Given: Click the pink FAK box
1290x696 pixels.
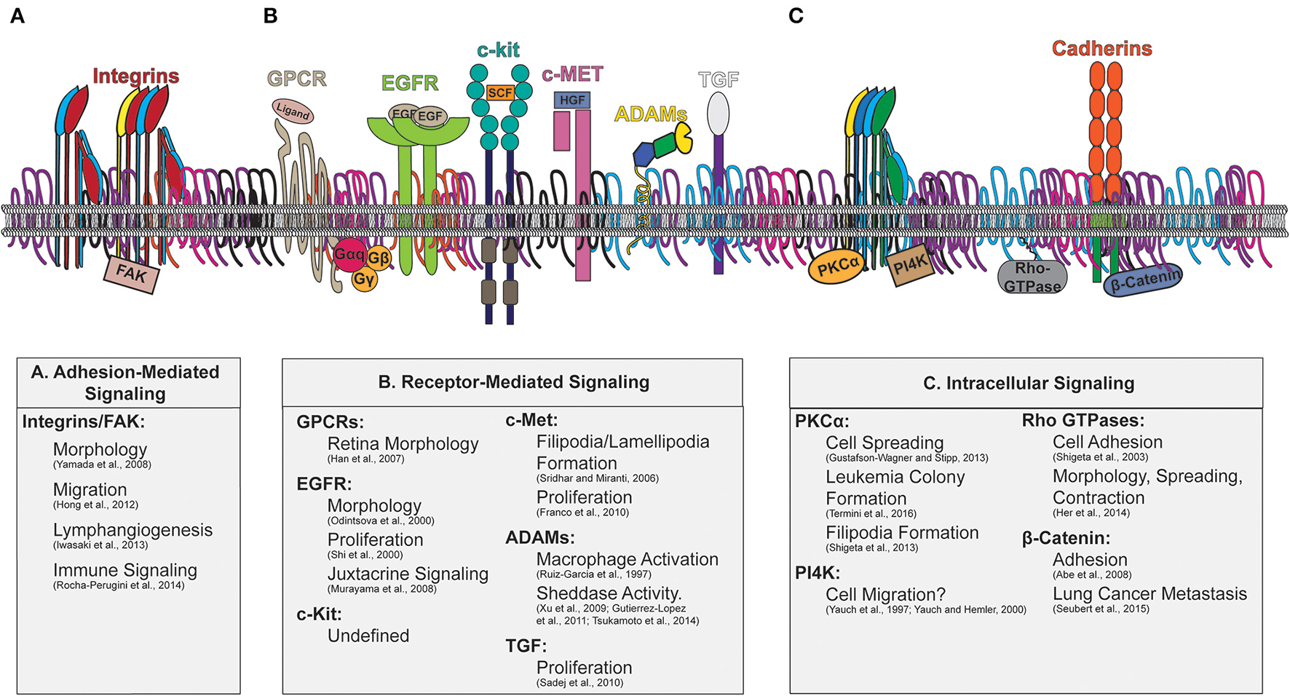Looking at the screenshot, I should pyautogui.click(x=131, y=275).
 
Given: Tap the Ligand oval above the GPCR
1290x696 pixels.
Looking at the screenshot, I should pyautogui.click(x=293, y=111).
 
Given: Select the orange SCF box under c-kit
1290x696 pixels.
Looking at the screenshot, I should pyautogui.click(x=499, y=92).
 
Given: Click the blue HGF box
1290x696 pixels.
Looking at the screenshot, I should pyautogui.click(x=572, y=100).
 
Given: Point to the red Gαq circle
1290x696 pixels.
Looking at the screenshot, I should pyautogui.click(x=349, y=254).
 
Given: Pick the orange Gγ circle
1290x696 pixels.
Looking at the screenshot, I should pyautogui.click(x=364, y=279).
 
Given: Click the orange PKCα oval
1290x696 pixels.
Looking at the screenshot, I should pyautogui.click(x=837, y=268).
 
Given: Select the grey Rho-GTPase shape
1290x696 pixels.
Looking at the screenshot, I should pyautogui.click(x=1032, y=277).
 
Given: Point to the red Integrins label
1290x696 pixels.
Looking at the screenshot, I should pyautogui.click(x=135, y=76).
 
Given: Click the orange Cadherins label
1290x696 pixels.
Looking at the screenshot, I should pyautogui.click(x=1101, y=49).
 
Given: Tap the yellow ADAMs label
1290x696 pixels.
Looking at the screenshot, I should pyautogui.click(x=650, y=114).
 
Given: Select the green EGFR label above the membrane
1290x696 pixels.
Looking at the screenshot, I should pyautogui.click(x=410, y=83).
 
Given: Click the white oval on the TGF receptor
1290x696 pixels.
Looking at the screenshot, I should pyautogui.click(x=719, y=114).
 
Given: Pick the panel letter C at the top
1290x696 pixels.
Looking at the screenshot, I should pyautogui.click(x=796, y=16).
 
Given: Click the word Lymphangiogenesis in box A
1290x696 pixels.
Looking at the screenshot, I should pyautogui.click(x=132, y=530).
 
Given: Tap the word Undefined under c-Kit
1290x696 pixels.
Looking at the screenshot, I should pyautogui.click(x=368, y=636).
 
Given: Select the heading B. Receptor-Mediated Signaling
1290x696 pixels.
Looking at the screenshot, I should pyautogui.click(x=513, y=382).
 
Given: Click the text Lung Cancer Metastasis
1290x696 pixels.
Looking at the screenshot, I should pyautogui.click(x=1149, y=594).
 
